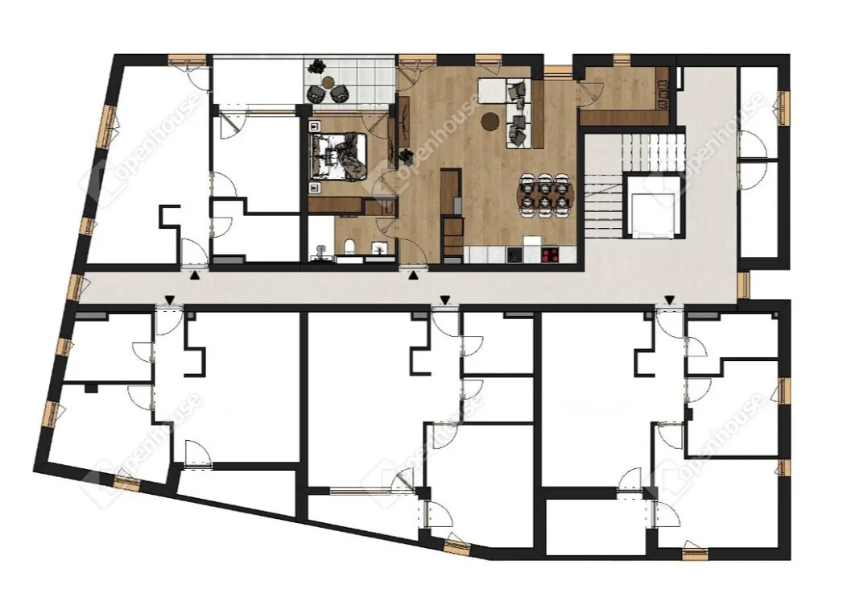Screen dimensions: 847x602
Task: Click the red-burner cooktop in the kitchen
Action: pyautogui.click(x=551, y=254)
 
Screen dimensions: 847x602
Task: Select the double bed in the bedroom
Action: pyautogui.click(x=338, y=156)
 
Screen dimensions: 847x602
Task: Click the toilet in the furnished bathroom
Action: pyautogui.click(x=349, y=247)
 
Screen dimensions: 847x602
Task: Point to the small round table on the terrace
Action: pyautogui.click(x=328, y=82)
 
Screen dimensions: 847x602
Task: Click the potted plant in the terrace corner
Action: pyautogui.click(x=316, y=67)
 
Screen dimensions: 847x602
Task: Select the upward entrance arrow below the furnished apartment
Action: pyautogui.click(x=413, y=276)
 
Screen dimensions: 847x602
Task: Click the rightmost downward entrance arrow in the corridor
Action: pyautogui.click(x=670, y=300)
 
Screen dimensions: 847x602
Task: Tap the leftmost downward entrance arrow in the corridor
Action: pyautogui.click(x=170, y=300)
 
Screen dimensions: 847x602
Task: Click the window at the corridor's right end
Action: pyautogui.click(x=743, y=285)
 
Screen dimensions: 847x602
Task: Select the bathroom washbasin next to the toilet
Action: pyautogui.click(x=380, y=249)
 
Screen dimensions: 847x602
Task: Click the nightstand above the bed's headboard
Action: pyautogui.click(x=314, y=126)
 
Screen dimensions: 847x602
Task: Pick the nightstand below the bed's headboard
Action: pyautogui.click(x=314, y=189)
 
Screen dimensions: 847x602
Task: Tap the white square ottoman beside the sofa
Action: pyautogui.click(x=490, y=90)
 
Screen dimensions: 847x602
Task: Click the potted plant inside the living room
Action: pyautogui.click(x=407, y=156)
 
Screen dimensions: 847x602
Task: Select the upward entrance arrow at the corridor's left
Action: pyautogui.click(x=193, y=276)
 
